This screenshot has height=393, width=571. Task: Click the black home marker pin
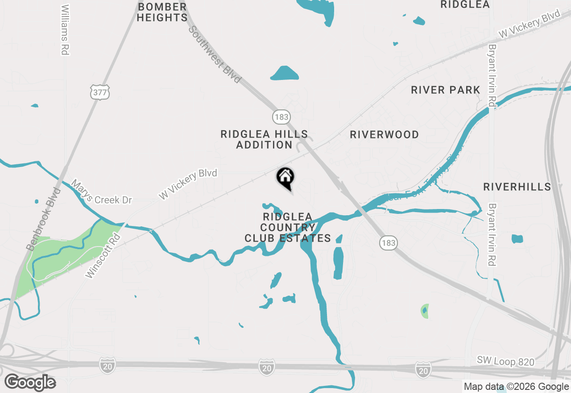[x=285, y=178]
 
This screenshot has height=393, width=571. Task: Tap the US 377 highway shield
[x=99, y=92]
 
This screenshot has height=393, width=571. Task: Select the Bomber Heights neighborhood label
[x=162, y=13]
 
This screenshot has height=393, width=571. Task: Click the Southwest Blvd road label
[x=215, y=54]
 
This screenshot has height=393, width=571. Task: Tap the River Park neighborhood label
[x=446, y=90]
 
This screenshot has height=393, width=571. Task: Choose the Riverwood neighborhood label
[x=384, y=134]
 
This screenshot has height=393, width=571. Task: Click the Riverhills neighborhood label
[x=517, y=187]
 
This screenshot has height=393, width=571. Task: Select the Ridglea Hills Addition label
[x=264, y=139]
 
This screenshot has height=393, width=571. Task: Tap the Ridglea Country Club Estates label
[x=288, y=227]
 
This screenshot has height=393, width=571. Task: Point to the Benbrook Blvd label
[x=43, y=218]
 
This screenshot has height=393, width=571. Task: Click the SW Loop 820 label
[x=505, y=361]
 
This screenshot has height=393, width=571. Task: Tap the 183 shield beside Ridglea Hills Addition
[x=281, y=117]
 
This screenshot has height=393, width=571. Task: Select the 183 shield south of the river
[x=388, y=243]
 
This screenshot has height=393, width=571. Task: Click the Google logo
[x=30, y=382]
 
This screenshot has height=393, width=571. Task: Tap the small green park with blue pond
[x=425, y=311]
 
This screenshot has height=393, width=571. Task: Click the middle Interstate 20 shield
[x=266, y=368]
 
